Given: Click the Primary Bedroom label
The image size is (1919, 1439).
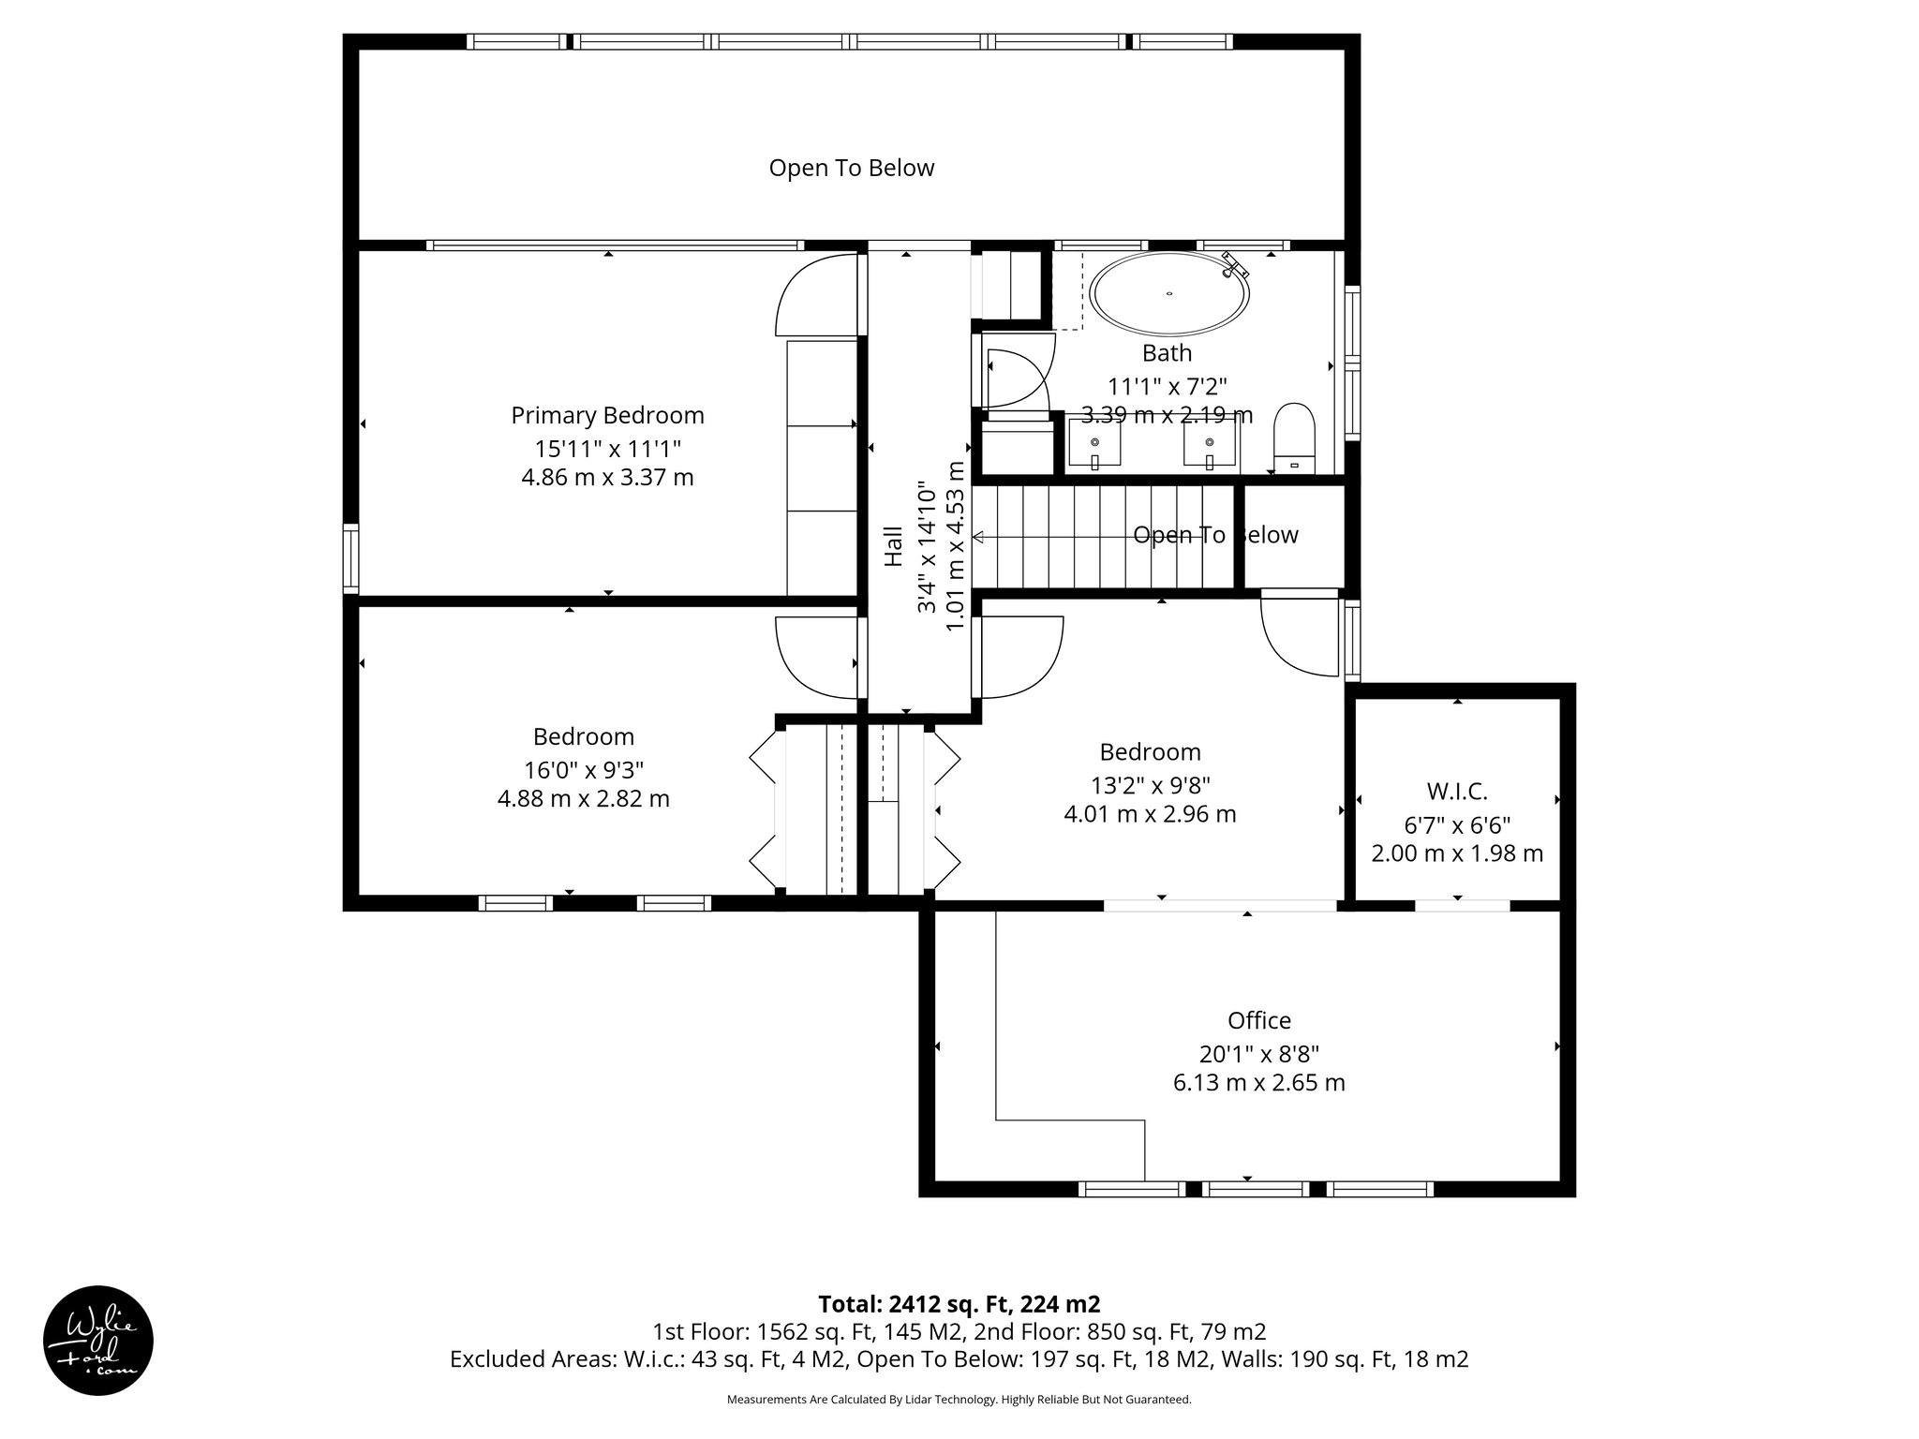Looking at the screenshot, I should pyautogui.click(x=607, y=415).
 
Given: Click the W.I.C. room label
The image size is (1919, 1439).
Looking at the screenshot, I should pyautogui.click(x=1457, y=792).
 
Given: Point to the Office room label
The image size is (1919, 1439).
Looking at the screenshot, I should pyautogui.click(x=1258, y=1020).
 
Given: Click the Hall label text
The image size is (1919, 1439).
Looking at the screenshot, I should pyautogui.click(x=894, y=545).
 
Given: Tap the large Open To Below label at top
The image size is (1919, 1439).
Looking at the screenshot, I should pyautogui.click(x=851, y=168).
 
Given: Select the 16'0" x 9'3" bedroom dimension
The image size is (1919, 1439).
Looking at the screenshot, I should pyautogui.click(x=583, y=769).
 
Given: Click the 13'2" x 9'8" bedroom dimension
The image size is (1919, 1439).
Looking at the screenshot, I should pyautogui.click(x=1150, y=784).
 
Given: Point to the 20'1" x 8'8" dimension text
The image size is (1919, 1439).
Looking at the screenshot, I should pyautogui.click(x=1258, y=1054).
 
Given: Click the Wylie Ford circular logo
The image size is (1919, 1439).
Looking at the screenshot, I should pyautogui.click(x=98, y=1340).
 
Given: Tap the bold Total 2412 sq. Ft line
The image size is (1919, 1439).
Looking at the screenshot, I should pyautogui.click(x=959, y=1304).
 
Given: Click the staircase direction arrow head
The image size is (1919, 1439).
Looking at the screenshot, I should pyautogui.click(x=978, y=537).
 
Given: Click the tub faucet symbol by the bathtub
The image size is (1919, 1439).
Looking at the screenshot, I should pyautogui.click(x=1235, y=265).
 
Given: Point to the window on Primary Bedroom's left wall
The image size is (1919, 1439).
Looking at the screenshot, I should pyautogui.click(x=350, y=558).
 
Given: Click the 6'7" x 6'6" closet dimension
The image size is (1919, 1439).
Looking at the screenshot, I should pyautogui.click(x=1457, y=825).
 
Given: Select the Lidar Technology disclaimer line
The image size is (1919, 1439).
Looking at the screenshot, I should pyautogui.click(x=959, y=1400).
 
